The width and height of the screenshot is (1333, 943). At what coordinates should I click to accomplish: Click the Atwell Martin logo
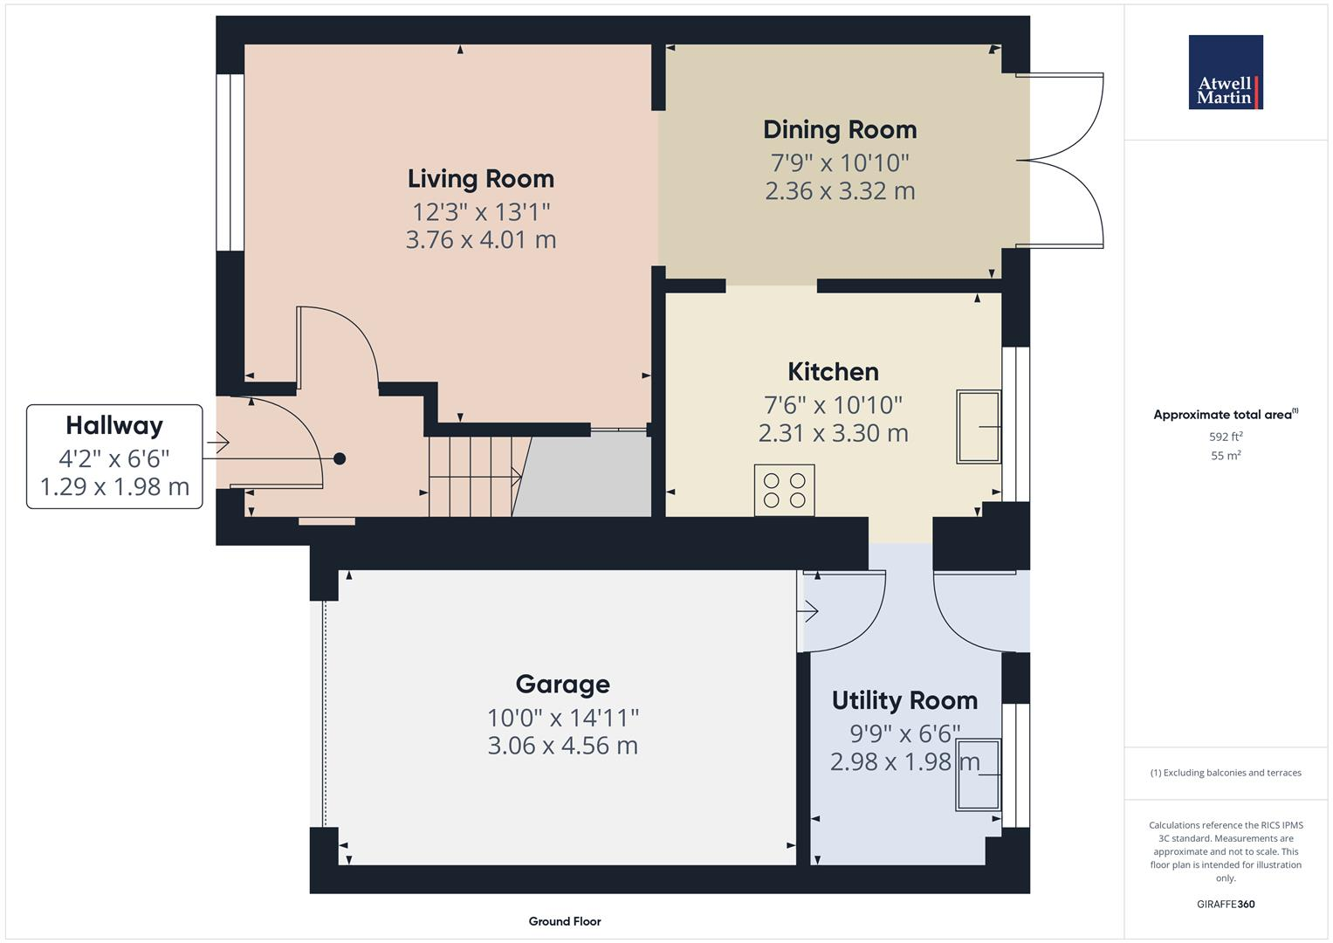1225,72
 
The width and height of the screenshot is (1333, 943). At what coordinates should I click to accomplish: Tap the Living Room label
480,179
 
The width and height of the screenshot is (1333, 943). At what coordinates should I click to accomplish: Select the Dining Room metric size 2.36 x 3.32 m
839,191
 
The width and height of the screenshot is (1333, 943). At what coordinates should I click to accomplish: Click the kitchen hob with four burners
784,490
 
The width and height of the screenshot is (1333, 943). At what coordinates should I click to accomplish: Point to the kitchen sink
979,426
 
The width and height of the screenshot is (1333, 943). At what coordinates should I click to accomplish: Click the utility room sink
978,774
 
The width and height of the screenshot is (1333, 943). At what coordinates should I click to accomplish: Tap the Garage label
562,685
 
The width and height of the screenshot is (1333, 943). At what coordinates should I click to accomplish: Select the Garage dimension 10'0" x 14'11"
562,718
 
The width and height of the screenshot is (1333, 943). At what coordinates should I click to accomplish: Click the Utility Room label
904,700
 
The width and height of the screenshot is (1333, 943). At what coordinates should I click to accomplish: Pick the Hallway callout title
114,426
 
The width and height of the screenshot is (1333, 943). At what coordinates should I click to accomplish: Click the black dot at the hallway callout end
340,458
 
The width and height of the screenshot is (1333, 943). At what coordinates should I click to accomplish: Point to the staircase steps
471,476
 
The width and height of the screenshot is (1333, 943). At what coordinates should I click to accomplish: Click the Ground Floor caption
564,921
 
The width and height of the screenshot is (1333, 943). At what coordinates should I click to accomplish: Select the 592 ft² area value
1226,437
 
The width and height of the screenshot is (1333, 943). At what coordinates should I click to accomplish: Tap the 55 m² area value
1226,455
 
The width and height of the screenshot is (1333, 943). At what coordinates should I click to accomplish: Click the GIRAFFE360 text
1226,904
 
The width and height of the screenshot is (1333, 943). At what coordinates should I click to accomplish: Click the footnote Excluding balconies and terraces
1226,773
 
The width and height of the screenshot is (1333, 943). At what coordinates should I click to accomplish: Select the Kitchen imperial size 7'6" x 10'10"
833,405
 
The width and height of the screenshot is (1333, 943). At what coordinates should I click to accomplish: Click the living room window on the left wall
230,162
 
